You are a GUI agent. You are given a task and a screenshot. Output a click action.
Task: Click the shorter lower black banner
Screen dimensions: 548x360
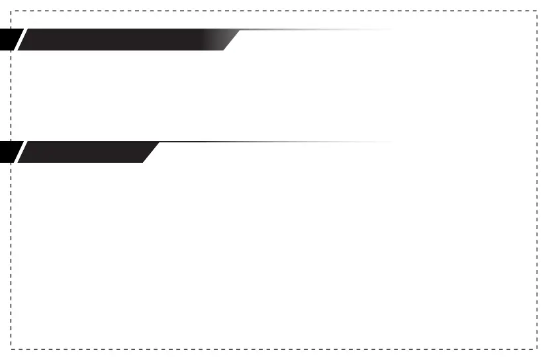tap(86, 152)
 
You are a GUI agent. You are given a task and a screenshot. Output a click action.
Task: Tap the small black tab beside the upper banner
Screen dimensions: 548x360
tap(7, 40)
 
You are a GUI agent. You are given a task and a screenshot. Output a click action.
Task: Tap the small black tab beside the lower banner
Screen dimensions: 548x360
tap(7, 152)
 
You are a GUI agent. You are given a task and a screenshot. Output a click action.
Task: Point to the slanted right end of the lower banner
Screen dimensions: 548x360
tap(152, 152)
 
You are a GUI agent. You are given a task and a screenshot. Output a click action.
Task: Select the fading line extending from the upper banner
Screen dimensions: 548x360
tap(311, 30)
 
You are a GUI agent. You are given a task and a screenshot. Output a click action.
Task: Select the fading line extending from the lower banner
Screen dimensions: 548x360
tap(278, 142)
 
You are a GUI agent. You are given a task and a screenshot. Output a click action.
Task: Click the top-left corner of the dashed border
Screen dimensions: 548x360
tap(11, 11)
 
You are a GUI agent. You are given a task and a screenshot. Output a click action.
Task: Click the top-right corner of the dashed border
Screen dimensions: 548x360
tap(536, 11)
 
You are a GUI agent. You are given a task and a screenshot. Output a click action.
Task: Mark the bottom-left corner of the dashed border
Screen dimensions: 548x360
tap(11, 349)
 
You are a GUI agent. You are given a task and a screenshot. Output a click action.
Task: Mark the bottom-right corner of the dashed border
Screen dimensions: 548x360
tap(536, 349)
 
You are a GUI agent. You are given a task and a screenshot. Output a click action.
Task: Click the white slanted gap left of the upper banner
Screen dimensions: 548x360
tap(19, 40)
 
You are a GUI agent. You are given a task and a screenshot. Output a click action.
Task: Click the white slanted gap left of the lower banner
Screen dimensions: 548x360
tap(19, 152)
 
